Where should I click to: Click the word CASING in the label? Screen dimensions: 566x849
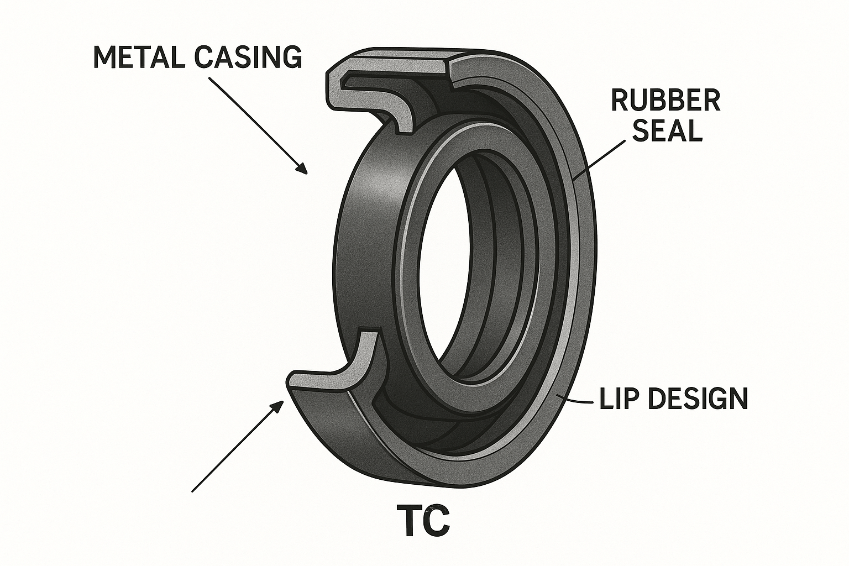(247, 57)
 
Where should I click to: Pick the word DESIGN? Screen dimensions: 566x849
(698, 399)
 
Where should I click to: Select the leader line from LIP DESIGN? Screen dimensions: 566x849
(578, 401)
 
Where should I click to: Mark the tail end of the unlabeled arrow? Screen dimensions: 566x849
(192, 490)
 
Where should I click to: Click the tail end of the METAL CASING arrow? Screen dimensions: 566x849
(209, 78)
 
